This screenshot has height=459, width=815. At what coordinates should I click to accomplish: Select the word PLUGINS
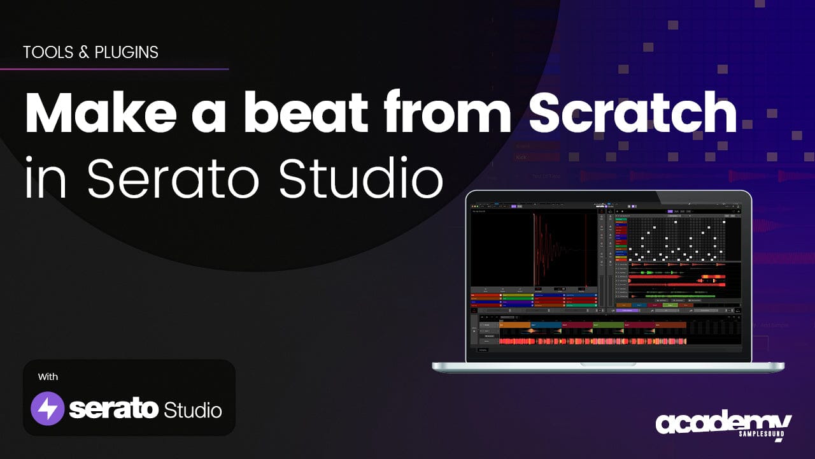click(126, 52)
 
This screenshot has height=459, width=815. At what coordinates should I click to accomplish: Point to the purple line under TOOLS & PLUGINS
click(115, 68)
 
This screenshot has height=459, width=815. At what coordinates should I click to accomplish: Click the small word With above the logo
click(48, 377)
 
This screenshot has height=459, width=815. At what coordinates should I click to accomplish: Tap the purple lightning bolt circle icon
click(48, 409)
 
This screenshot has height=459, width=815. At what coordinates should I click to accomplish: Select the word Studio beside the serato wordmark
click(193, 409)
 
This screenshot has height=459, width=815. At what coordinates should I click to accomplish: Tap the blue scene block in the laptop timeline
click(546, 325)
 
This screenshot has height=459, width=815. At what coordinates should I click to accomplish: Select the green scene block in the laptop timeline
click(608, 325)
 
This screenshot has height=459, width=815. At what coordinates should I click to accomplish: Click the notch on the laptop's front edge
click(608, 365)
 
